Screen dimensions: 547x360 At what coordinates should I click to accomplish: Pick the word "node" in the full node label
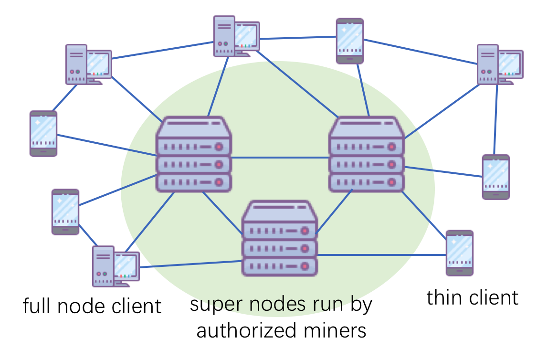click(x=81, y=306)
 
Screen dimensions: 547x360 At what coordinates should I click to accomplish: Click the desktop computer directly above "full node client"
click(x=116, y=266)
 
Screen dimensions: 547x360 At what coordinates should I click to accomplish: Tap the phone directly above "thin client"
click(x=460, y=253)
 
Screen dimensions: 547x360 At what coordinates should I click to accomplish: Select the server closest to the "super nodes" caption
click(x=279, y=238)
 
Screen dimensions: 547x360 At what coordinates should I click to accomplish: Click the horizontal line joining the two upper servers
click(x=280, y=158)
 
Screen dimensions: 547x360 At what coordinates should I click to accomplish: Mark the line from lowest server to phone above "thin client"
click(x=382, y=255)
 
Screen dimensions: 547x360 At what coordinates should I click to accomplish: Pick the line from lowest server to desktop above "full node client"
click(x=191, y=264)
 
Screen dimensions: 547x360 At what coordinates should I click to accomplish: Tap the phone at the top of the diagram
click(x=350, y=41)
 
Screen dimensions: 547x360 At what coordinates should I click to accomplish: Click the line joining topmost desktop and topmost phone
click(x=298, y=38)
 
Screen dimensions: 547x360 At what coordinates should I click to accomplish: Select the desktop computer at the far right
click(x=500, y=64)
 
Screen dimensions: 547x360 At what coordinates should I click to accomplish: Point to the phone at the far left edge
click(x=43, y=134)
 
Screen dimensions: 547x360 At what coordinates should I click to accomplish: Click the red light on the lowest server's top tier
click(x=305, y=231)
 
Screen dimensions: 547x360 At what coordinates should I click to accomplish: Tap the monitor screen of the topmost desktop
click(x=247, y=36)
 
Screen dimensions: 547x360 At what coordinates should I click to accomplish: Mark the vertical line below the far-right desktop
click(x=496, y=119)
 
